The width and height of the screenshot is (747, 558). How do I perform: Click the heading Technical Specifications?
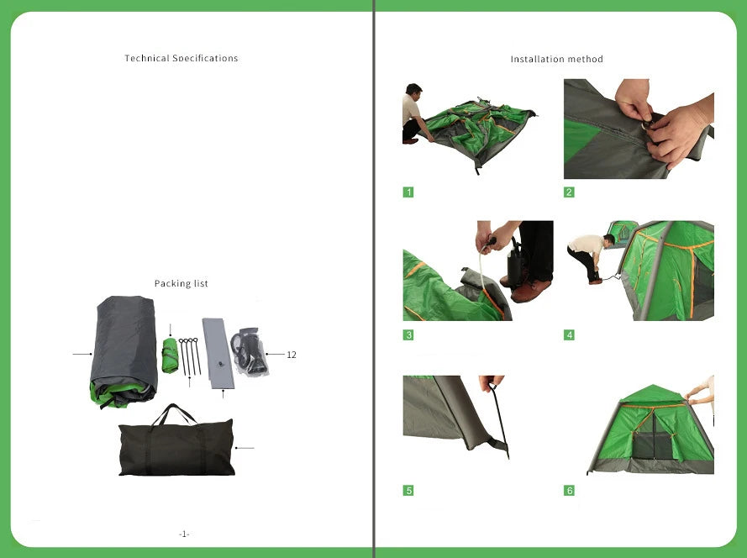[x=181, y=59]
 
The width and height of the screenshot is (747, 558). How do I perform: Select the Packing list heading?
[x=181, y=284]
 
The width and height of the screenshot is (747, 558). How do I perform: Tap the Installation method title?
[x=556, y=60]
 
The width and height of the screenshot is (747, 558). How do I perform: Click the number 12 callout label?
[x=291, y=355]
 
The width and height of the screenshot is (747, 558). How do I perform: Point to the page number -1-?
[x=184, y=534]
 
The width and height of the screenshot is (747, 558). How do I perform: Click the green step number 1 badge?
[x=408, y=192]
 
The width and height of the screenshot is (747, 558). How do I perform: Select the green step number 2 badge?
[x=569, y=192]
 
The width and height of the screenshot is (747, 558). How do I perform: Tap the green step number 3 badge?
[x=408, y=335]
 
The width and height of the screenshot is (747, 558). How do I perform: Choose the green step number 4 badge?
[x=569, y=335]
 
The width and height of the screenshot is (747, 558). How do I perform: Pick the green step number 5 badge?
[x=408, y=491]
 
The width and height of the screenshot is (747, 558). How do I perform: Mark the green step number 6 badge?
[x=569, y=491]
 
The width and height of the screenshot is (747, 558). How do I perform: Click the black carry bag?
[x=176, y=450]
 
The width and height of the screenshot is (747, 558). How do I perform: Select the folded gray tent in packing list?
[x=124, y=351]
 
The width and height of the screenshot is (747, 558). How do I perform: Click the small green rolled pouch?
[x=170, y=355]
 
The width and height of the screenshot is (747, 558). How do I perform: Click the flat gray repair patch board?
[x=218, y=353]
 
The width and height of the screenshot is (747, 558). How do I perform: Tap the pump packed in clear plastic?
[x=250, y=351]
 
